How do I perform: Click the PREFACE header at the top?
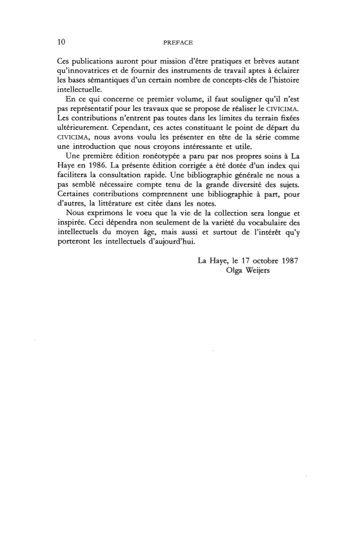pos(179,42)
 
